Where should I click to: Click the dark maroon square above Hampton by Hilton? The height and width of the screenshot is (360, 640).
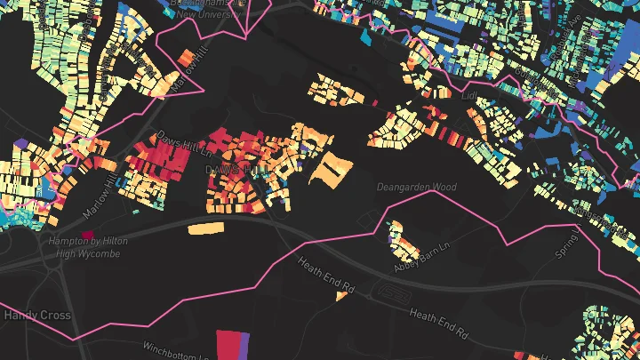pyautogui.click(x=87, y=235)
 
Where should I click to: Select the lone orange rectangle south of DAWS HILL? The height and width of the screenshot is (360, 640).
pyautogui.click(x=205, y=229)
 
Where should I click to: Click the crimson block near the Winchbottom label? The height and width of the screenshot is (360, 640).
pyautogui.click(x=229, y=343)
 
